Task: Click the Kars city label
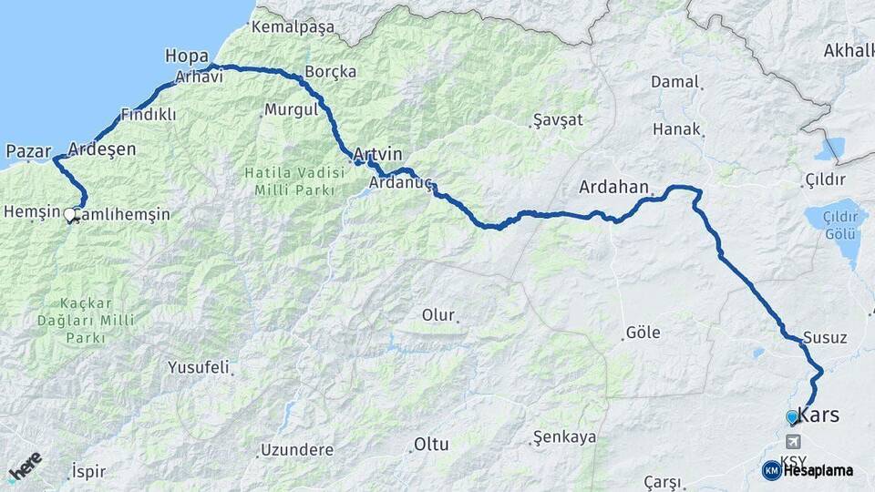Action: pyautogui.click(x=818, y=414)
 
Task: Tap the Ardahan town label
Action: pyautogui.click(x=613, y=187)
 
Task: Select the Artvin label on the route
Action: pyautogui.click(x=376, y=154)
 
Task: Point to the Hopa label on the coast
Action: pyautogui.click(x=187, y=56)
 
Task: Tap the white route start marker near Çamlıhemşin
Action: pyautogui.click(x=70, y=215)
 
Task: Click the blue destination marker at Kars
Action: pyautogui.click(x=791, y=417)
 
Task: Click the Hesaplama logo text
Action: pyautogui.click(x=818, y=470)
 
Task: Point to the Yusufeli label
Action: pyautogui.click(x=199, y=367)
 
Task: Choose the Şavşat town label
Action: pyautogui.click(x=557, y=119)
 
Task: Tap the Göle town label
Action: pyautogui.click(x=643, y=333)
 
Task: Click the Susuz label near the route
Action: pyautogui.click(x=825, y=337)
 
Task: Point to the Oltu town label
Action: pyautogui.click(x=431, y=445)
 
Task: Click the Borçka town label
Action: pyautogui.click(x=330, y=71)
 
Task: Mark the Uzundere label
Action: pyautogui.click(x=297, y=449)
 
